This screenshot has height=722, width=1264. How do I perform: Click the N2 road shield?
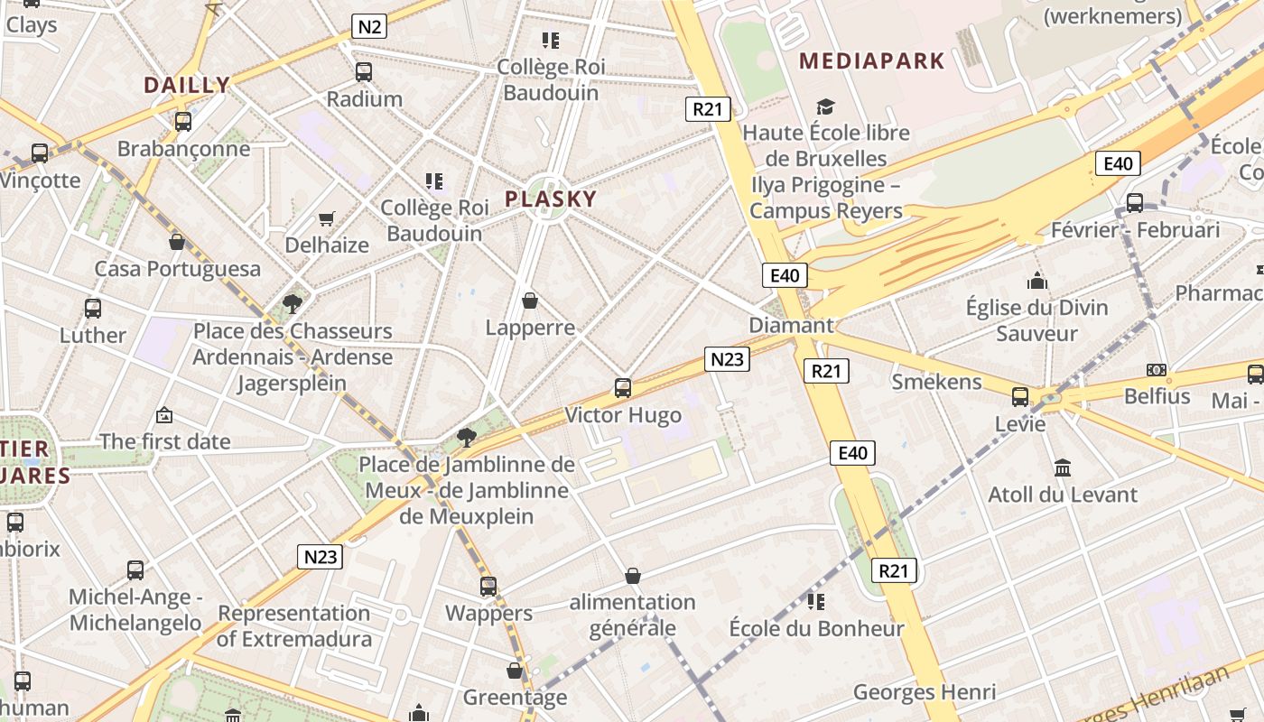click(x=369, y=26)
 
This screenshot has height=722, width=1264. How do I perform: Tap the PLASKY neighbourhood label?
click(x=551, y=199)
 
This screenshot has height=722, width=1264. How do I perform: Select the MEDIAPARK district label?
click(x=872, y=61)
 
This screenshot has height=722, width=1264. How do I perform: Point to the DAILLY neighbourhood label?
click(x=187, y=86)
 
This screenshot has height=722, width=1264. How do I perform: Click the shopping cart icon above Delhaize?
click(x=326, y=218)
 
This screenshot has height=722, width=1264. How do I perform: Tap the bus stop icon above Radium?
click(x=364, y=72)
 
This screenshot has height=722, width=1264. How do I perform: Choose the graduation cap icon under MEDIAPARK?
click(x=825, y=107)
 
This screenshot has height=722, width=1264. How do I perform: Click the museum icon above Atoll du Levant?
click(x=1063, y=467)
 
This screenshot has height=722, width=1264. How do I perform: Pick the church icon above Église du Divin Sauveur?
click(x=1036, y=281)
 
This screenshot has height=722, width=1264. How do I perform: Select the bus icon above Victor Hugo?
click(x=623, y=388)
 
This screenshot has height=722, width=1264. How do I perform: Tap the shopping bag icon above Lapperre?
click(x=530, y=301)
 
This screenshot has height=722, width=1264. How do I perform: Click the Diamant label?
click(x=791, y=325)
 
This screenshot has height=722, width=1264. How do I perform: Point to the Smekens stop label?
click(x=936, y=382)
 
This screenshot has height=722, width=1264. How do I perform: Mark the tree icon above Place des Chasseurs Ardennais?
click(x=292, y=303)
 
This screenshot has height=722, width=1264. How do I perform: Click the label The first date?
click(x=165, y=441)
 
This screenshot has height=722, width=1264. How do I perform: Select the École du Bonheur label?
click(x=816, y=628)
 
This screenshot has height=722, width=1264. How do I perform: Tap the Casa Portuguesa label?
click(x=178, y=269)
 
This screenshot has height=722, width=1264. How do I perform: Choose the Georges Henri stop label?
click(x=925, y=692)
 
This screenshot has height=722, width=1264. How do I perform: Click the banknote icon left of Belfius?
click(x=1157, y=370)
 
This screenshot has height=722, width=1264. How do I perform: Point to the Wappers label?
click(x=488, y=614)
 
